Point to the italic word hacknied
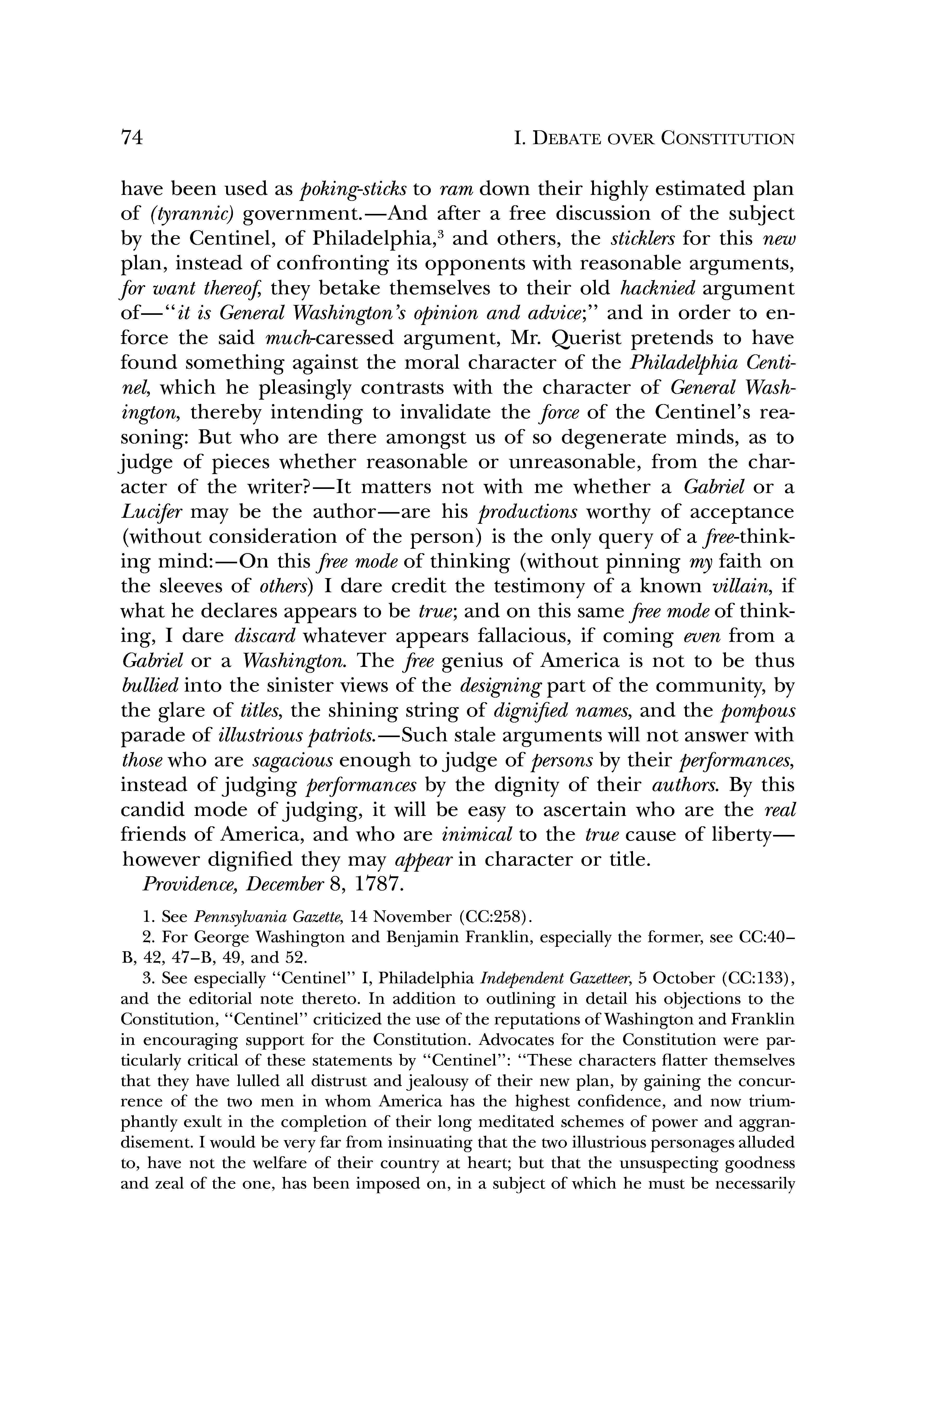click(x=658, y=289)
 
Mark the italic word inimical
click(x=477, y=834)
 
